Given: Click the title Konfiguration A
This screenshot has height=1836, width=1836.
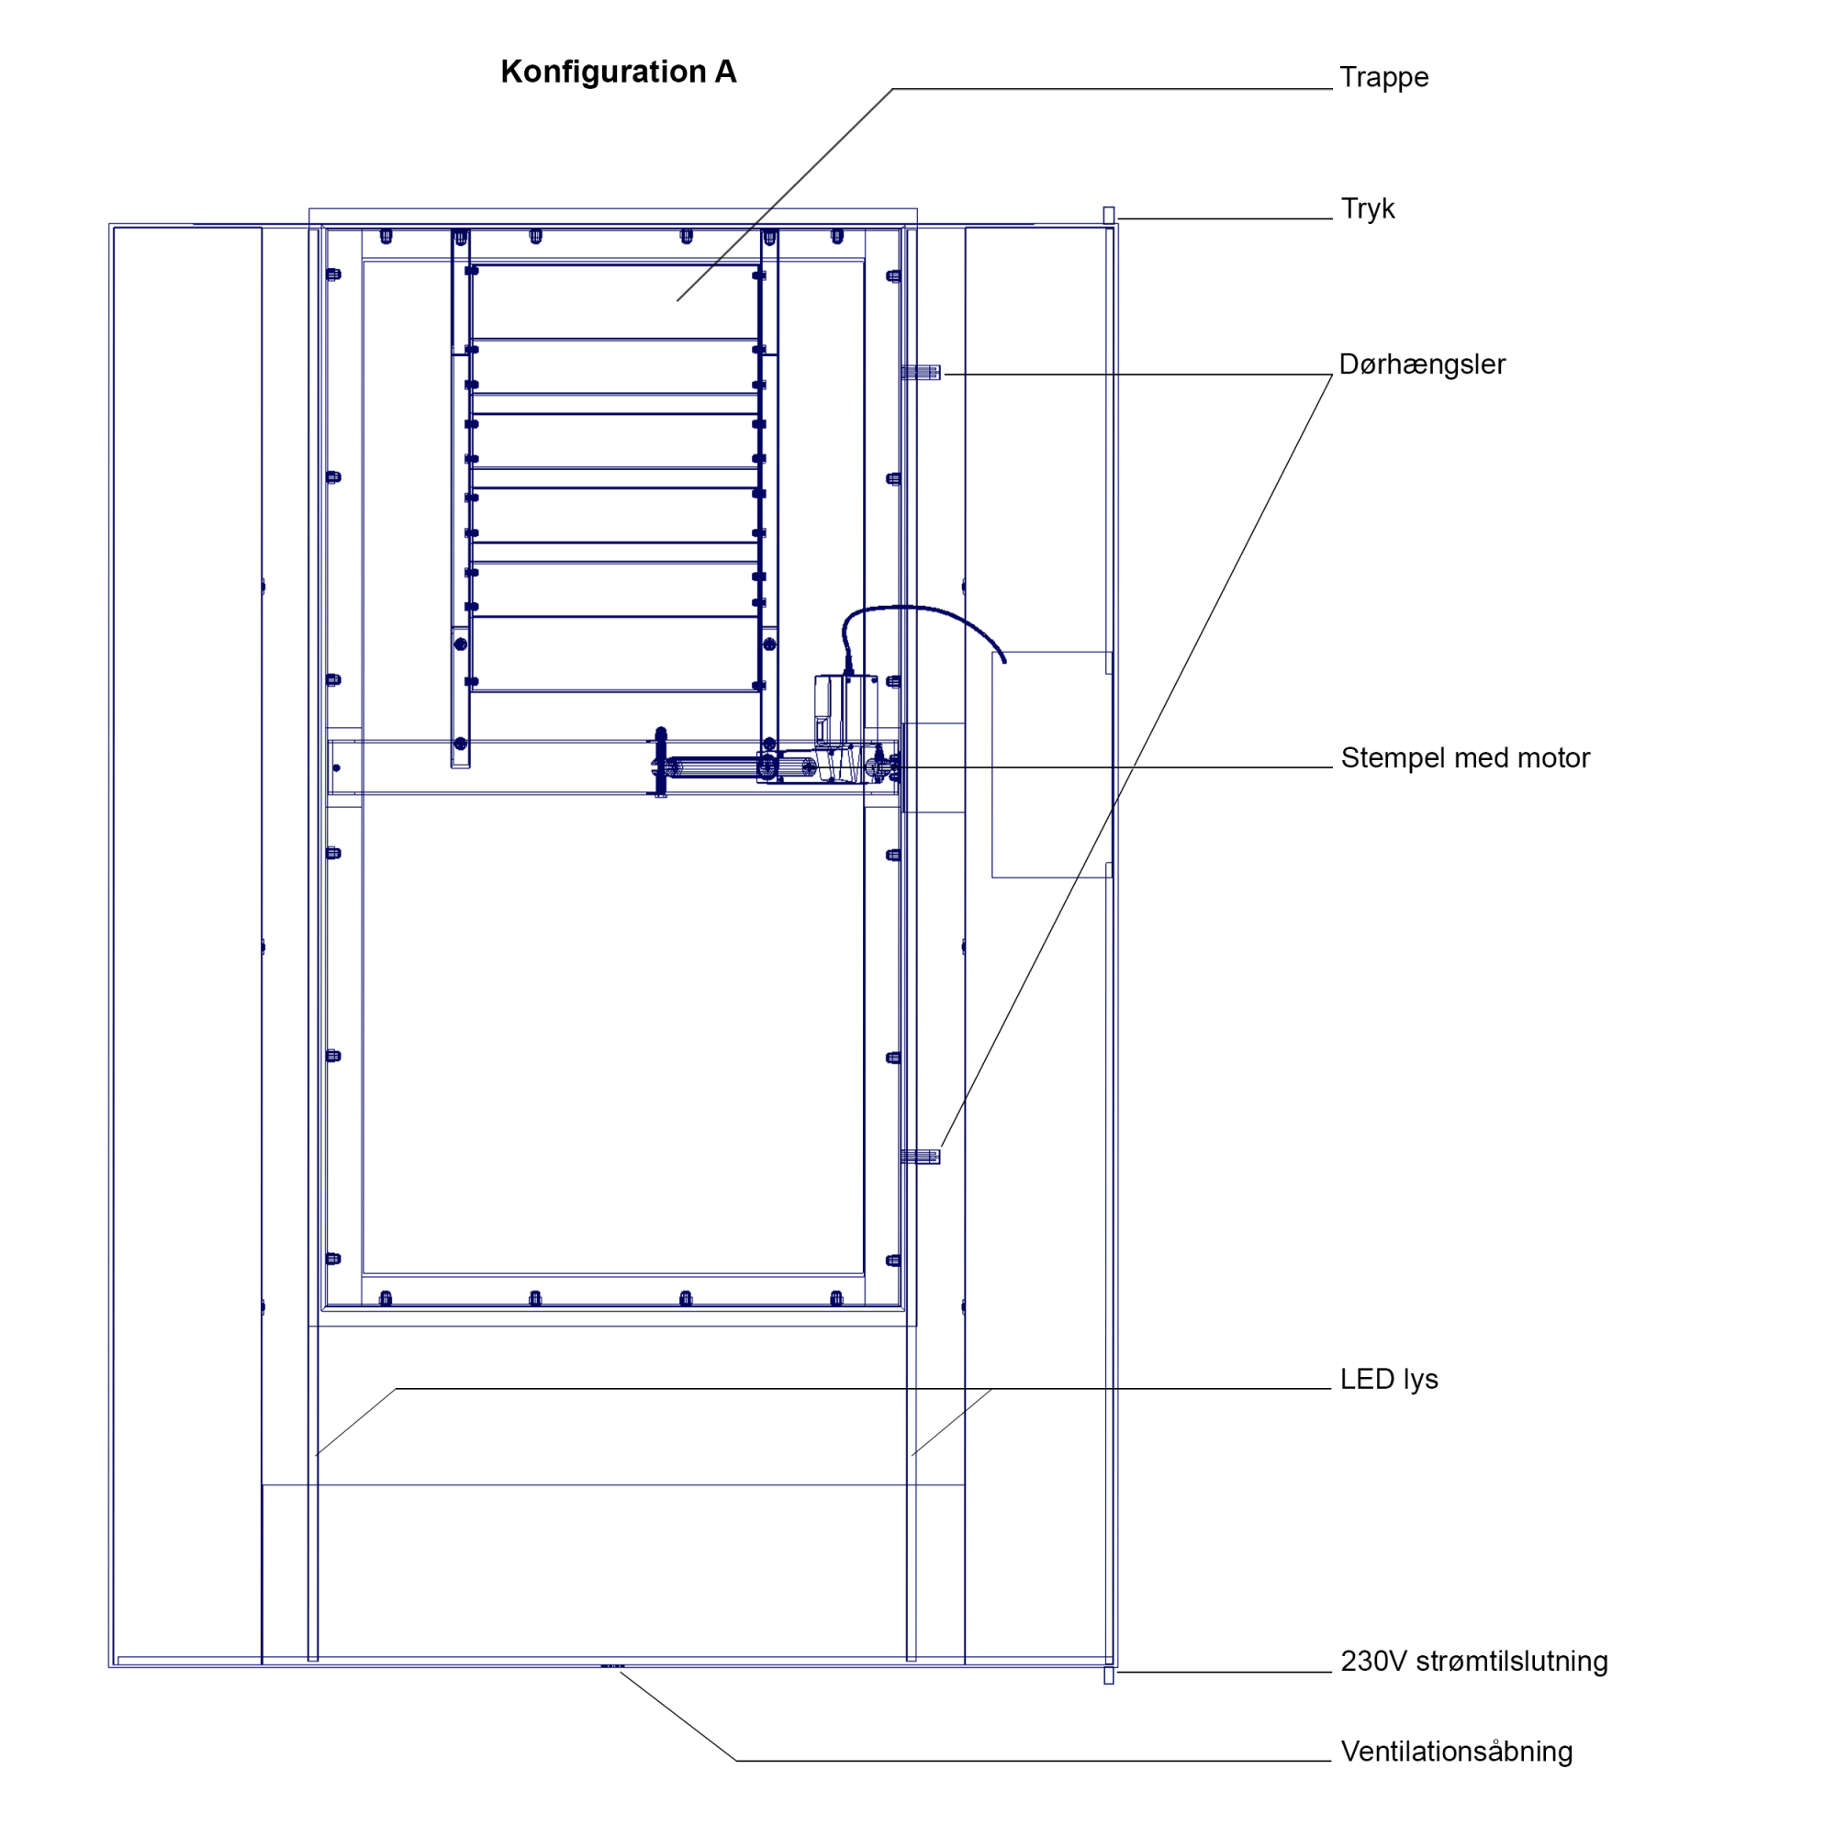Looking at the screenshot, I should pyautogui.click(x=618, y=73).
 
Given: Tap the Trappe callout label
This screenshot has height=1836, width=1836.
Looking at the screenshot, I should pyautogui.click(x=1383, y=77).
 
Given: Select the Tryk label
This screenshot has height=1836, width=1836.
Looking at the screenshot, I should pyautogui.click(x=1368, y=209).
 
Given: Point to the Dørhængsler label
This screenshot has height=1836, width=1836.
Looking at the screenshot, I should pyautogui.click(x=1422, y=365).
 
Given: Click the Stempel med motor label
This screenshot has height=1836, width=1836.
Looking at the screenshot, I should pyautogui.click(x=1464, y=758).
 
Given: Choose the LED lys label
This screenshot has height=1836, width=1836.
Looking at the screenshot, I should pyautogui.click(x=1388, y=1380).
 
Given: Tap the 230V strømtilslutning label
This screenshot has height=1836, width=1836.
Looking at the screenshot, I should pyautogui.click(x=1474, y=1662).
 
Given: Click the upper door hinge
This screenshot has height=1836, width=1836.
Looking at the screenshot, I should pyautogui.click(x=921, y=373).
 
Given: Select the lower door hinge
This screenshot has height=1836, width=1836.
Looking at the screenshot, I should pyautogui.click(x=920, y=1157).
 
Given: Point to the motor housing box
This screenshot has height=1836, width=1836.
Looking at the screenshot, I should pyautogui.click(x=844, y=712).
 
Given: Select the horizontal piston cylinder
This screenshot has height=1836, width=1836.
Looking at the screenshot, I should pyautogui.click(x=712, y=767).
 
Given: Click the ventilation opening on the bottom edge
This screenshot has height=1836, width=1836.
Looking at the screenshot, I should pyautogui.click(x=612, y=1666).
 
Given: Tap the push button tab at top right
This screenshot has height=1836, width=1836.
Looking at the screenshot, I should pyautogui.click(x=1108, y=215).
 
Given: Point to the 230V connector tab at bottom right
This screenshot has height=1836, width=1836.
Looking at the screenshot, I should pyautogui.click(x=1108, y=1676).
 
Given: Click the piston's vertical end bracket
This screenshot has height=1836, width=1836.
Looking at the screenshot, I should pyautogui.click(x=660, y=762).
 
